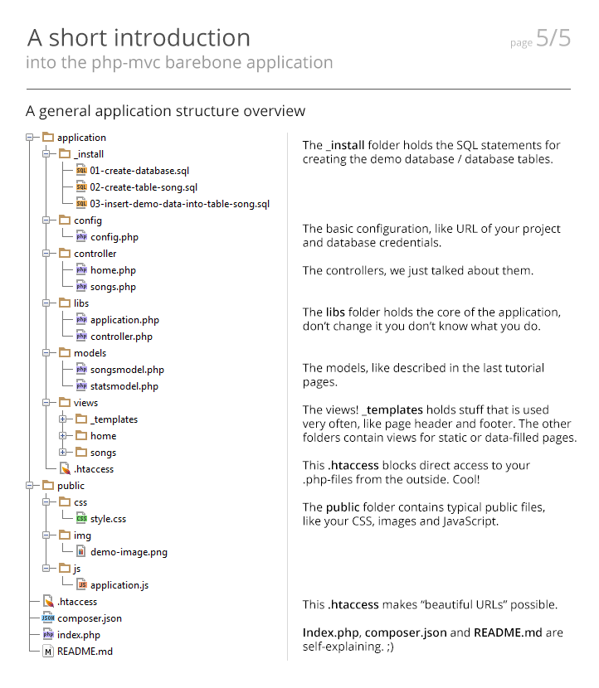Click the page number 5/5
pyautogui.click(x=553, y=38)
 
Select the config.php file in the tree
pyautogui.click(x=114, y=237)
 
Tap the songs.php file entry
pyautogui.click(x=113, y=287)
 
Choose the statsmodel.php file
pyautogui.click(x=124, y=386)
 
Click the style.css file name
pyautogui.click(x=108, y=519)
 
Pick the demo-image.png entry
pyautogui.click(x=123, y=552)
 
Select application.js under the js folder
pyautogui.click(x=119, y=585)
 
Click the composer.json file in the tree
pyautogui.click(x=90, y=618)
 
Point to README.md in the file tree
pyautogui.click(x=85, y=652)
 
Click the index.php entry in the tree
pyautogui.click(x=79, y=635)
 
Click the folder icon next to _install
pyautogui.click(x=64, y=153)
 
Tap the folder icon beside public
pyautogui.click(x=47, y=485)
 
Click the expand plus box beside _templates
pyautogui.click(x=62, y=419)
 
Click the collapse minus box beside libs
pyautogui.click(x=46, y=303)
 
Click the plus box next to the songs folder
pyautogui.click(x=62, y=453)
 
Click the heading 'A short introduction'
pyautogui.click(x=139, y=38)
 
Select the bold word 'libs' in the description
pyautogui.click(x=336, y=313)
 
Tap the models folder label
pyautogui.click(x=90, y=353)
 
